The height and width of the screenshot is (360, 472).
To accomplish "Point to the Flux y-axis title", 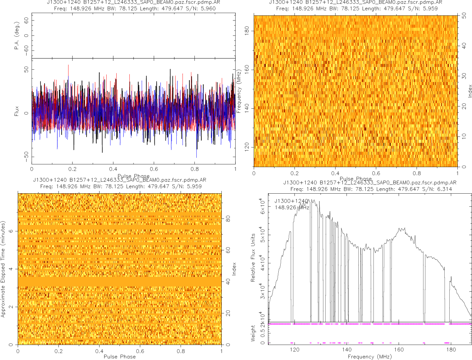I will click(17, 113).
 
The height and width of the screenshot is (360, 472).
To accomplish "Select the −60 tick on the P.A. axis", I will click(27, 50).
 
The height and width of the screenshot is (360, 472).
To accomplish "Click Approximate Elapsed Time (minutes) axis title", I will click(3, 269).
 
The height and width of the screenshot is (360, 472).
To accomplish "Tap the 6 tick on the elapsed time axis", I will click(12, 231).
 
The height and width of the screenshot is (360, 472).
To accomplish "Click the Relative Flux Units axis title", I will click(253, 257).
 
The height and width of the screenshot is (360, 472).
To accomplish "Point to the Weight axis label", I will click(253, 333).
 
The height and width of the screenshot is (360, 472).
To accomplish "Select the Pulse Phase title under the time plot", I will click(119, 357).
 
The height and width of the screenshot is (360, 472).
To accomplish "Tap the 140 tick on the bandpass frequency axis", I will click(346, 350).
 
